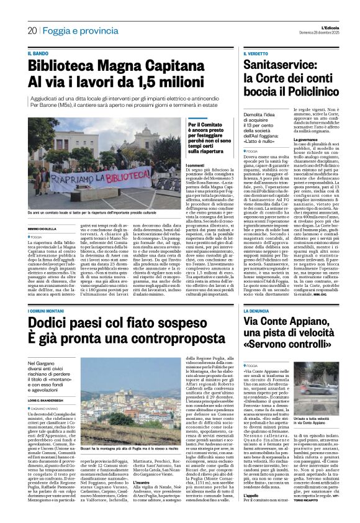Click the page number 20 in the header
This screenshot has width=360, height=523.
pyautogui.click(x=32, y=30)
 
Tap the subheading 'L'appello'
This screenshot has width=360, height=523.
pyautogui.click(x=252, y=495)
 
